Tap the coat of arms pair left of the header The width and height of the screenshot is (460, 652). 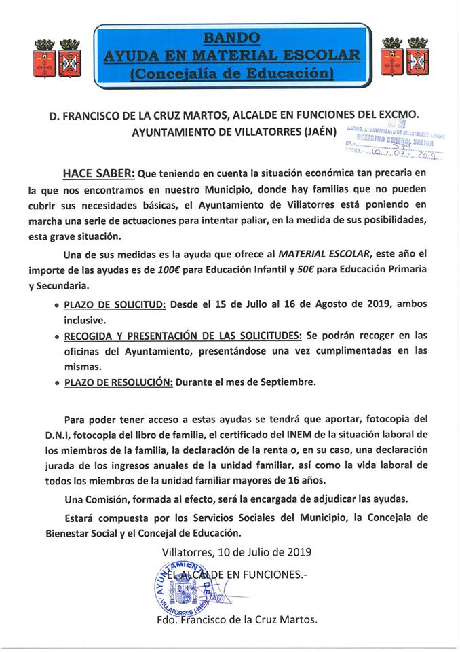coord(58,58)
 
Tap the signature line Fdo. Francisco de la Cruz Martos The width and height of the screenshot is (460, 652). coord(237,620)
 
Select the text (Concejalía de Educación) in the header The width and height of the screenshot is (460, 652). coord(231,73)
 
